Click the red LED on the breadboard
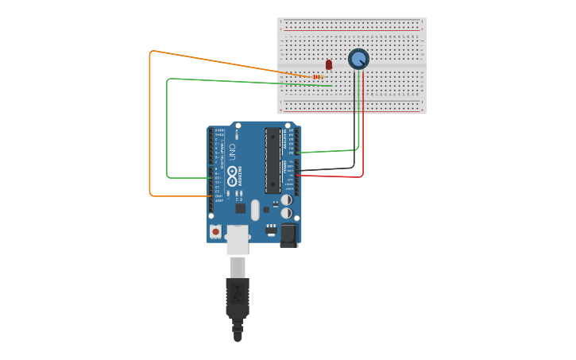pos(329,64)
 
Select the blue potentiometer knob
pos(359,59)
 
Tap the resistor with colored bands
pos(318,77)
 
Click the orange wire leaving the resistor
pos(150,119)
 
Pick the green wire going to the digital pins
pos(167,127)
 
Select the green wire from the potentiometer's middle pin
pos(358,119)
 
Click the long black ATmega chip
pos(273,160)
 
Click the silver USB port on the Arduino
pos(238,239)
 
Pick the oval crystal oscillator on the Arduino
pos(255,210)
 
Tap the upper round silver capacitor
pos(286,200)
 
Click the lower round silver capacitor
pos(286,213)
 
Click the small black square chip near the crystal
pos(240,208)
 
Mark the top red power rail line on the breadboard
pos(352,30)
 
